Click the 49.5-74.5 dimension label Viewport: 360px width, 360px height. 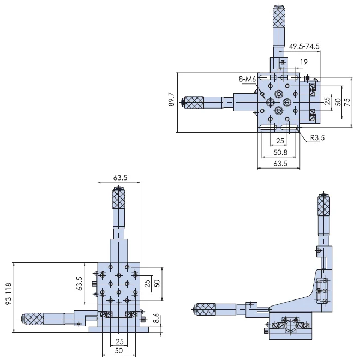pos(304,46)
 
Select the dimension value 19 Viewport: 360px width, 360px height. pos(303,63)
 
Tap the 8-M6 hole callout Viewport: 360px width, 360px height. pos(248,80)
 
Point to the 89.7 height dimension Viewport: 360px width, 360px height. pos(171,102)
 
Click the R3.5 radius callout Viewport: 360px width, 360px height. pos(317,139)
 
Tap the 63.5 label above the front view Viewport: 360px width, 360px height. pos(120,177)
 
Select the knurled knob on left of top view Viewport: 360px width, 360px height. pos(194,101)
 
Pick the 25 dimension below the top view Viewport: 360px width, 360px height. pos(279,141)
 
